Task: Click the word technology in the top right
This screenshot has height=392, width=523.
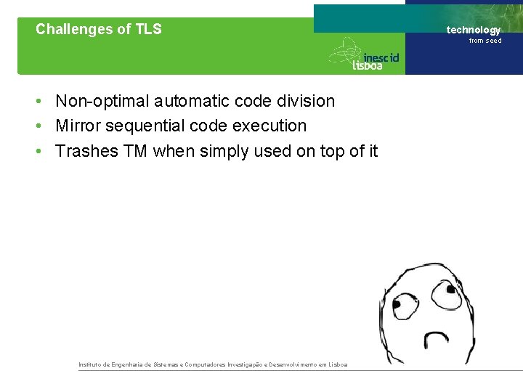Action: (x=474, y=30)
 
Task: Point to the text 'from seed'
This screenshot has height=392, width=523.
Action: (x=485, y=41)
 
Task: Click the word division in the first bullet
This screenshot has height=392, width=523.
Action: (x=306, y=101)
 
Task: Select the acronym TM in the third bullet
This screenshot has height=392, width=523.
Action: (x=135, y=151)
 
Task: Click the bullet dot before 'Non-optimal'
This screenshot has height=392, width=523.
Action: (x=43, y=102)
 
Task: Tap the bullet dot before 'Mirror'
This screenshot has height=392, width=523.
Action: (x=43, y=126)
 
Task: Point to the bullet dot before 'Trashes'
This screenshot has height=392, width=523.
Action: (x=43, y=152)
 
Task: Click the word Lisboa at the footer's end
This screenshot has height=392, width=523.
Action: (x=338, y=364)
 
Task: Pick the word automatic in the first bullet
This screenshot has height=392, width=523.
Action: (x=188, y=101)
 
